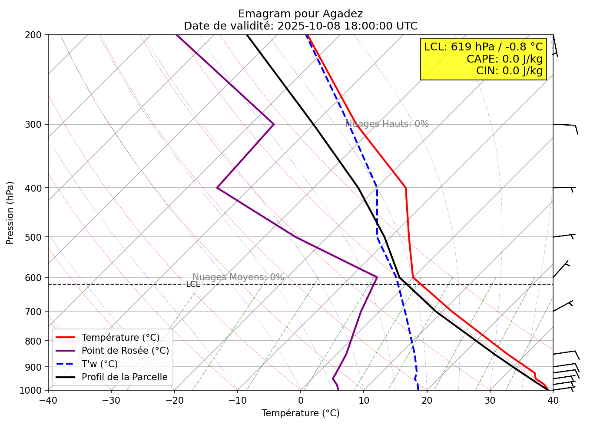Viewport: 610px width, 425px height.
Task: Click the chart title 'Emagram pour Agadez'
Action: pos(300,14)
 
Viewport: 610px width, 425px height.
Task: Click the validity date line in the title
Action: pos(300,26)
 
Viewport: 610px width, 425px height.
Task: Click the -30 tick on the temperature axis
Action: pos(111,399)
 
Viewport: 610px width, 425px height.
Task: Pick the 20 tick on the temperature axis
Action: pos(427,399)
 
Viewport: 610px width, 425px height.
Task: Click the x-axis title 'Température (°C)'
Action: pos(300,413)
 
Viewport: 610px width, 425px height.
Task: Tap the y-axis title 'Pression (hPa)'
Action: pos(10,213)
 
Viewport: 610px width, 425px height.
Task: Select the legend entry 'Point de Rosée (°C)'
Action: pos(125,351)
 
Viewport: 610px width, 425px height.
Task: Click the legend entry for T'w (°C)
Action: pos(99,364)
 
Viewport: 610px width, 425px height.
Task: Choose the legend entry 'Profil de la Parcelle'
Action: pos(124,377)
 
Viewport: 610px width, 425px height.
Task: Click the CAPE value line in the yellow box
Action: pos(504,59)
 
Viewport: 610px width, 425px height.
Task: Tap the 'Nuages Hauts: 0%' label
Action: pos(387,124)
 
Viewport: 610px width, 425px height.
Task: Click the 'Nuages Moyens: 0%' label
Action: pos(238,277)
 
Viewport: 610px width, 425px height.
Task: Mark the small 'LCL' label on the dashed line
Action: pos(193,284)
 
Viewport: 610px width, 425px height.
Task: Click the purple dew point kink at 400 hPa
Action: pos(217,188)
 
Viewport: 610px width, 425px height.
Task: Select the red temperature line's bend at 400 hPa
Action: pos(405,188)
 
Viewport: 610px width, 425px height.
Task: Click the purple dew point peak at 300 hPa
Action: pos(274,124)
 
